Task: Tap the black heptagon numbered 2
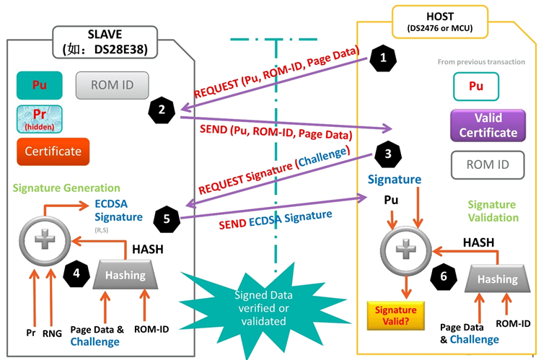(162, 110)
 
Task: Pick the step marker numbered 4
(77, 273)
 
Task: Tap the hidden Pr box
(39, 118)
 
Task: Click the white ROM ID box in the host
(488, 164)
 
